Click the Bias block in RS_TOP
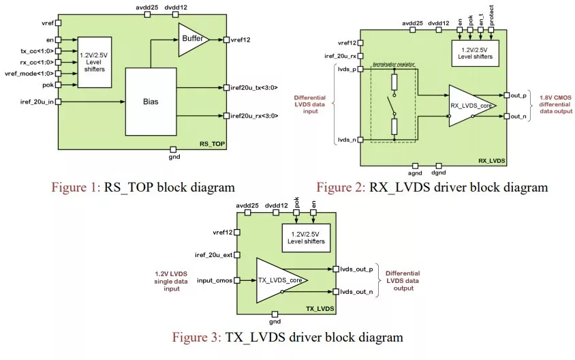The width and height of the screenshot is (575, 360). click(150, 101)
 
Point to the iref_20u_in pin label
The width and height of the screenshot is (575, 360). click(34, 102)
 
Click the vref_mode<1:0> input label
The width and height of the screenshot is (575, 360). click(27, 73)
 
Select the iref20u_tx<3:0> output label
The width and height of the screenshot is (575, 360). click(255, 87)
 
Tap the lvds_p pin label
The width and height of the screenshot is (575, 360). click(347, 68)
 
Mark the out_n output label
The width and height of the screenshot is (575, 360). click(517, 117)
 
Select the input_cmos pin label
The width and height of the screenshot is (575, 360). click(212, 280)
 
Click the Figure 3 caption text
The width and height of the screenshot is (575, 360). click(287, 337)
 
